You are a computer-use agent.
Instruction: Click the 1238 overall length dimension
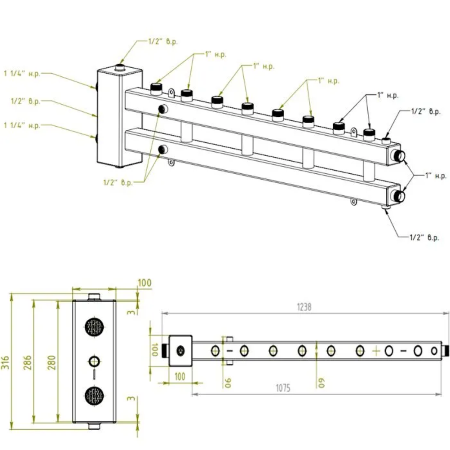pos(304,307)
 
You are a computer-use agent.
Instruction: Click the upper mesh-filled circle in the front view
pos(94,327)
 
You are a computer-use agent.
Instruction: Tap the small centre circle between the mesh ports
pos(94,360)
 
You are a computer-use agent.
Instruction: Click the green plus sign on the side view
pos(376,351)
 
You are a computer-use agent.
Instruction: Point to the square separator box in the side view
pos(180,350)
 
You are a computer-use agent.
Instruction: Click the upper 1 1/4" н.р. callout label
pos(22,74)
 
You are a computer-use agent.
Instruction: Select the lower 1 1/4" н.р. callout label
pos(22,125)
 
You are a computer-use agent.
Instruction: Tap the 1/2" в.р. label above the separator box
pos(163,42)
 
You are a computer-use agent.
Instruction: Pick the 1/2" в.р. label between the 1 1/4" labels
pos(25,101)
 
